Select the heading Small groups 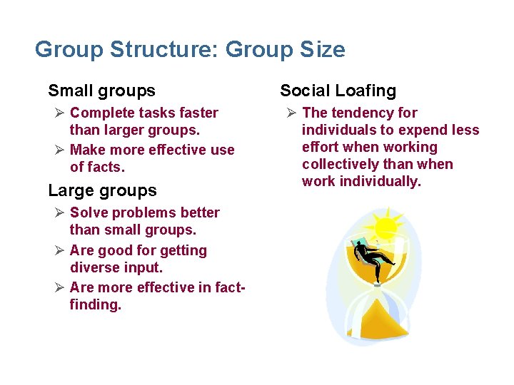click(101, 91)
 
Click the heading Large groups click(102, 190)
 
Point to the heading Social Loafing click(338, 91)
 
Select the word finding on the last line click(95, 305)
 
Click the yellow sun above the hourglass click(385, 227)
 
